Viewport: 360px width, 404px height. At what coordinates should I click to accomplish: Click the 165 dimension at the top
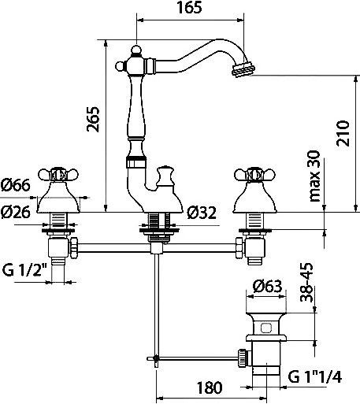190,9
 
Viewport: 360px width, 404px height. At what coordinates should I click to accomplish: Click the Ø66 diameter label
17,185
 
